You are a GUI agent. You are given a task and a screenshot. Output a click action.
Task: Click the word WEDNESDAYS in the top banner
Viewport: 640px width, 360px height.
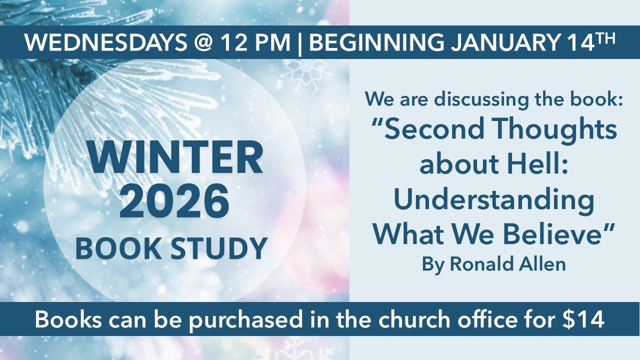(105, 42)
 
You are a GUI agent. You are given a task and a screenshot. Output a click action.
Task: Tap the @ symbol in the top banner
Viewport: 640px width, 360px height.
(203, 43)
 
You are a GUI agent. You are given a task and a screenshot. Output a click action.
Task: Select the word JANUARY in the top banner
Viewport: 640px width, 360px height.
(505, 42)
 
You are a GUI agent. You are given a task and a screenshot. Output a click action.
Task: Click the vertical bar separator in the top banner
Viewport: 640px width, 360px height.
(299, 43)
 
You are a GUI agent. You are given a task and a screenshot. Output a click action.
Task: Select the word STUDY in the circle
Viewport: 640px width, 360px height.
(219, 248)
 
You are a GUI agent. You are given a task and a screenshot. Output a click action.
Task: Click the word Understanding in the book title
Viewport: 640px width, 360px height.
(494, 201)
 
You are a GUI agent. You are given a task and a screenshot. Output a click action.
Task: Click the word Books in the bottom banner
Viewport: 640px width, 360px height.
(68, 319)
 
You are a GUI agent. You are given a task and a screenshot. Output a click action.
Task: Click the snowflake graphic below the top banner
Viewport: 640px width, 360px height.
(306, 75)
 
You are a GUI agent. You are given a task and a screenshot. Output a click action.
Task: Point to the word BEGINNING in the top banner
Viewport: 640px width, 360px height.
(377, 42)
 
